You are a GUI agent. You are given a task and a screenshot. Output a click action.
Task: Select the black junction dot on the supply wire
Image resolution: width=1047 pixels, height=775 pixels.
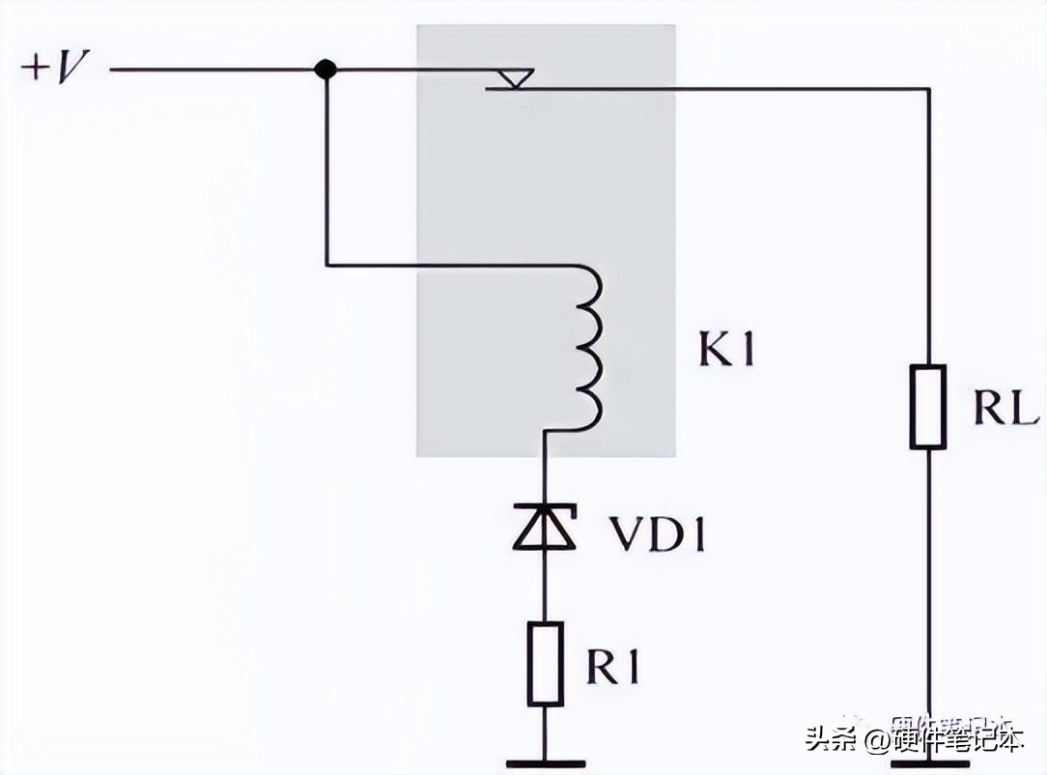pos(326,70)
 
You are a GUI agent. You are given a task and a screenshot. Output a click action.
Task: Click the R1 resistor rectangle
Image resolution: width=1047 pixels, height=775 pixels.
pos(544,664)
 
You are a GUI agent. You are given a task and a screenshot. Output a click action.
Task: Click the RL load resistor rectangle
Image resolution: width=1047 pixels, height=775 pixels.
pos(928,406)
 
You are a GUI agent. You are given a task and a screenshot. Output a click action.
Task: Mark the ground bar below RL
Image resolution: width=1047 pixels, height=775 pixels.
pos(928,763)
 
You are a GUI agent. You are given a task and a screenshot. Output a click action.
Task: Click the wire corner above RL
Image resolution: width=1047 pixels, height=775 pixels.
pos(928,90)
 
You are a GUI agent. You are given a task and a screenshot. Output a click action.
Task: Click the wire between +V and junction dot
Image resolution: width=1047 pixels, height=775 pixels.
pos(212,70)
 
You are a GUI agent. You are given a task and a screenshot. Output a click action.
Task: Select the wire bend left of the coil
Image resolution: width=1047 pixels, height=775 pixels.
pos(327,264)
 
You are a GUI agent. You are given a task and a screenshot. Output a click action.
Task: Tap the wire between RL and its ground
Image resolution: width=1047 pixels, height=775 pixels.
pos(928,599)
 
